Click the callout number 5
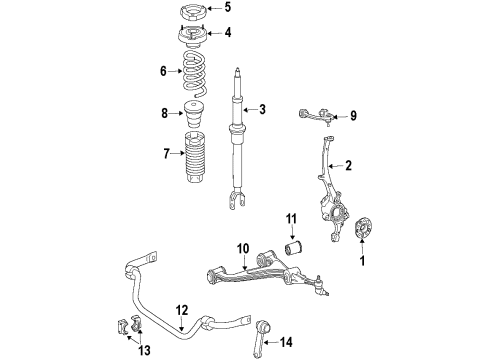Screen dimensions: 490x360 click(x=227, y=7)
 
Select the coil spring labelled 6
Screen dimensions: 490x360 click(x=194, y=74)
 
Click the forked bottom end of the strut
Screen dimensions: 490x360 click(x=237, y=201)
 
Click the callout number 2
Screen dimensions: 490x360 click(x=348, y=165)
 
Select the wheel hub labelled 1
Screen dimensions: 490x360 click(x=362, y=228)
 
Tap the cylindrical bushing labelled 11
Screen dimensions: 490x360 click(x=295, y=249)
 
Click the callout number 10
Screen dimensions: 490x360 click(x=243, y=249)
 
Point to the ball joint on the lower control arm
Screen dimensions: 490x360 click(x=320, y=285)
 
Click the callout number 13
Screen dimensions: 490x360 click(x=145, y=350)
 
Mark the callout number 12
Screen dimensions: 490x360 click(x=182, y=310)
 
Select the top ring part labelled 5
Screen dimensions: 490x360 click(x=194, y=13)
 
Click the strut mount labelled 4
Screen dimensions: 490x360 click(x=194, y=37)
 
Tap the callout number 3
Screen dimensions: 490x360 click(x=262, y=109)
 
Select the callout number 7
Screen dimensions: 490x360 click(x=166, y=154)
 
